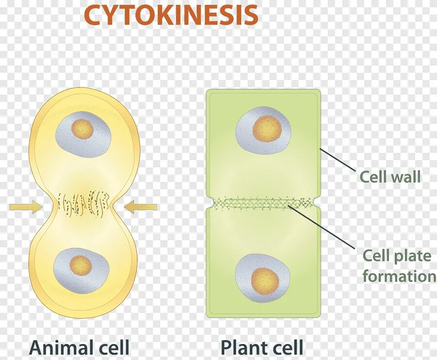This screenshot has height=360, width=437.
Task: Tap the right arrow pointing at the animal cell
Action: (140, 207)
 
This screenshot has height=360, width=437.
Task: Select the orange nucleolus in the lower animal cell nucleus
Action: (80, 265)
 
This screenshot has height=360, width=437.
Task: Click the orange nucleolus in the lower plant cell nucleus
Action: (265, 280)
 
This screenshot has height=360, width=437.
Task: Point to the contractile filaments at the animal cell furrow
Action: (83, 203)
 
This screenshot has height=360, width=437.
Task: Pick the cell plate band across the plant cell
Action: (263, 203)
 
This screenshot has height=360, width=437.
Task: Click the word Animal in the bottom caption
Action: (61, 348)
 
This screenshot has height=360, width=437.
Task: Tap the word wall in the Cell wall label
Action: (404, 177)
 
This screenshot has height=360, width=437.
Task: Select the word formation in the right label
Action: (399, 276)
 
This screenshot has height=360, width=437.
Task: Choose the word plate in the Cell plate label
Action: (413, 256)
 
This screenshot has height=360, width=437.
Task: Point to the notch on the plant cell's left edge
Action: (208, 203)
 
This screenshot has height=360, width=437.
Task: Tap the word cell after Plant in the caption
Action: (286, 348)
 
